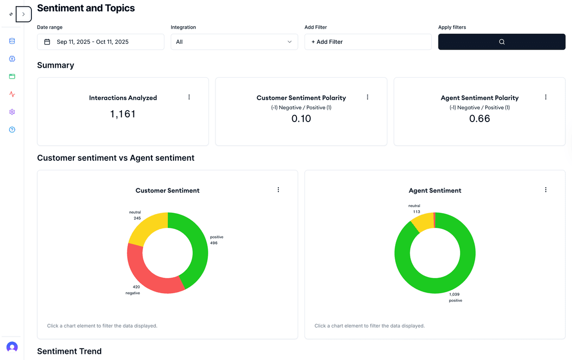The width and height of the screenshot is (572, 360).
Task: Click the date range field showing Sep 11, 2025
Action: click(x=101, y=42)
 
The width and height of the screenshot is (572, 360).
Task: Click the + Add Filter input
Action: click(x=368, y=42)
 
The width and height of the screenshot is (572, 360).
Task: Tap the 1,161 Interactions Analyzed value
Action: click(x=123, y=114)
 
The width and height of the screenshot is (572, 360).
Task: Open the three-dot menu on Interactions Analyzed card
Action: click(x=189, y=97)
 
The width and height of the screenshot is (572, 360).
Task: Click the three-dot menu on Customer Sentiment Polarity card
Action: click(x=368, y=97)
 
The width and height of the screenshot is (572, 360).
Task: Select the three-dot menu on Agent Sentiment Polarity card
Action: click(x=546, y=97)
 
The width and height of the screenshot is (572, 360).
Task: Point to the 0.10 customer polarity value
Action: click(x=301, y=119)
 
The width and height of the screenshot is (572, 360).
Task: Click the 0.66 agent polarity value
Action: click(x=480, y=119)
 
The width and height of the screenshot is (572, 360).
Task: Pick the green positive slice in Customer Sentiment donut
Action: click(x=198, y=248)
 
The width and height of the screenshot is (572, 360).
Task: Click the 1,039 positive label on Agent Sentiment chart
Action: click(x=455, y=297)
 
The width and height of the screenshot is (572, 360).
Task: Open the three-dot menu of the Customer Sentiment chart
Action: click(x=278, y=190)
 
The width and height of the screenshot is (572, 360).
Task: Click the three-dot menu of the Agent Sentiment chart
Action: click(x=546, y=190)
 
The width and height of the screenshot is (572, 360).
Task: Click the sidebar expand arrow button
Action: click(x=23, y=14)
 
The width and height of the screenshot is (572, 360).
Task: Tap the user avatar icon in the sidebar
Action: click(x=12, y=347)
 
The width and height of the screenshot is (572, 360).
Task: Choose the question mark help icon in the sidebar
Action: click(x=12, y=130)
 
